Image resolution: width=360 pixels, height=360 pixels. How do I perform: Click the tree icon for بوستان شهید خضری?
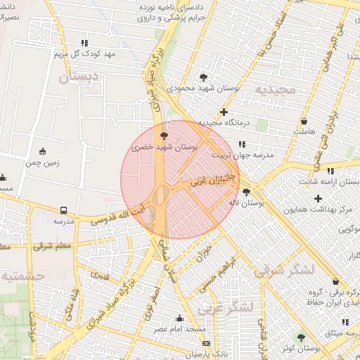[164, 135]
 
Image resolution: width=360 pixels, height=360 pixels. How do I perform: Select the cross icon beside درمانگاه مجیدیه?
[224, 112]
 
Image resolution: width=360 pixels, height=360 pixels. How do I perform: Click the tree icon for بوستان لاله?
[246, 191]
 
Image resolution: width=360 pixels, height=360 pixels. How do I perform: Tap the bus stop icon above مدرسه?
[64, 210]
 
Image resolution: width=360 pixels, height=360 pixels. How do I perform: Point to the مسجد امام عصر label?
[181, 329]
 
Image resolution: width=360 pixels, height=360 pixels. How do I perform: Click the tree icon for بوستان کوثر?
[302, 337]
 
